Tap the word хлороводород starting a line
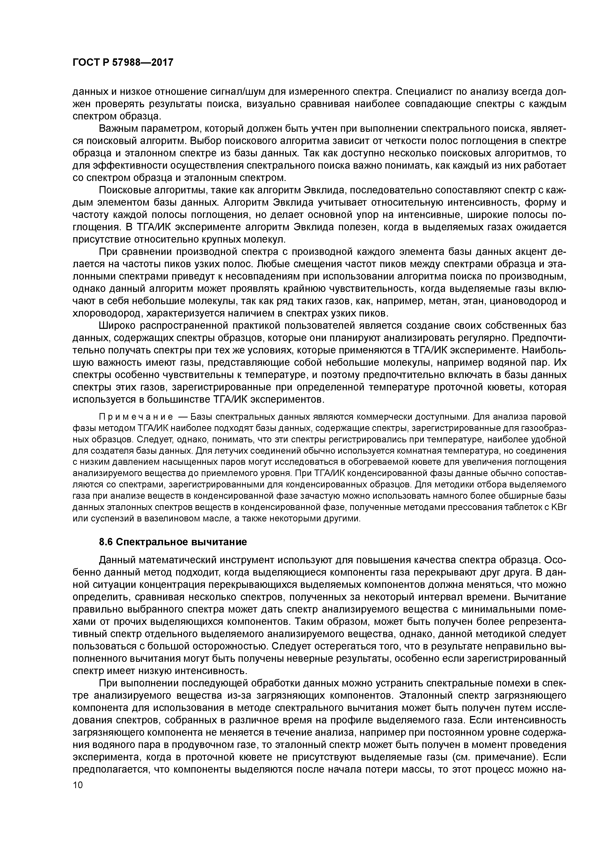pos(107,314)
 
